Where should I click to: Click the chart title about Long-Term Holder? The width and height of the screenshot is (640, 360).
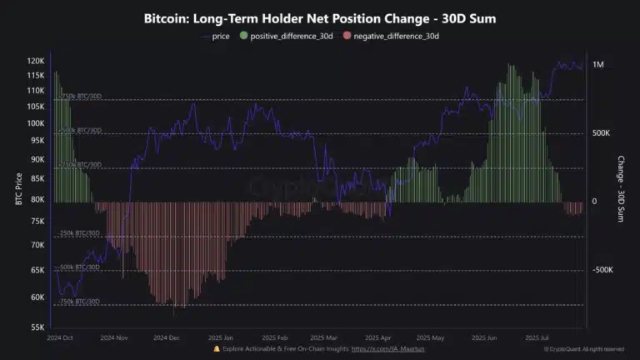pos(320,18)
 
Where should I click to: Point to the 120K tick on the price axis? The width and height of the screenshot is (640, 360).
pos(35,61)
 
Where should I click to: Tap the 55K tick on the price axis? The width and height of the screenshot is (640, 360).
pos(37,327)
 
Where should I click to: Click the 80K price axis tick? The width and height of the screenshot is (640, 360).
pos(37,199)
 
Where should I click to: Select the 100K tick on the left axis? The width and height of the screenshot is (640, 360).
pos(35,122)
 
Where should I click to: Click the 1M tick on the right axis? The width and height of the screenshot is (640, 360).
pos(598,65)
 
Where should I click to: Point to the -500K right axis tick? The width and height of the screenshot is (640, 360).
pos(603,270)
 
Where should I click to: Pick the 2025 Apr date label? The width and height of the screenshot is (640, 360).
pos(379,338)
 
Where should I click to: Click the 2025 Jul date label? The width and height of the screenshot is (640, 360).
pos(538,338)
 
